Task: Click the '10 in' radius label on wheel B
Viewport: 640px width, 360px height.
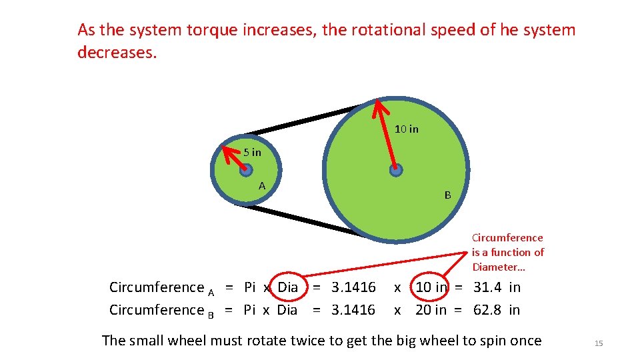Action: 406,129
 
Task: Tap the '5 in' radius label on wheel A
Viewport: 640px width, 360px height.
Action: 252,153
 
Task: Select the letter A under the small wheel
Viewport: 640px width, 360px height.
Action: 262,185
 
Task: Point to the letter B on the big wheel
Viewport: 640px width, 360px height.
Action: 447,195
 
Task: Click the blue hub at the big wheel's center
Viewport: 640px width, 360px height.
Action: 396,170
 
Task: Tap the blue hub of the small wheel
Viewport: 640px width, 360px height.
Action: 245,170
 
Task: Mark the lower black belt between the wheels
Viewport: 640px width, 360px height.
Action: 300,219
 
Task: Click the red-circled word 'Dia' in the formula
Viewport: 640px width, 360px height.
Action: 287,287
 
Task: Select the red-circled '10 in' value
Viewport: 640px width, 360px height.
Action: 431,287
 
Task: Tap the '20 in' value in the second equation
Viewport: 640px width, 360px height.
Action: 431,310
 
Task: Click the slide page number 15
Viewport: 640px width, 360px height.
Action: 598,343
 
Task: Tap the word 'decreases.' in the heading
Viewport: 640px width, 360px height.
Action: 117,53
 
